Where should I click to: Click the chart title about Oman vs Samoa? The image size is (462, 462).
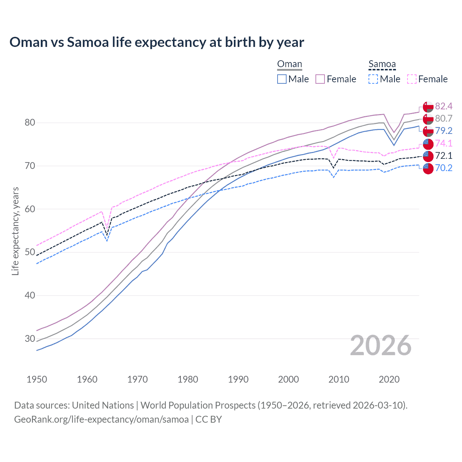click(157, 42)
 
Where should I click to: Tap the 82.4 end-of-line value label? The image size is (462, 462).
click(444, 106)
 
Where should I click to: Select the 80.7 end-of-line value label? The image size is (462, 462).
click(444, 118)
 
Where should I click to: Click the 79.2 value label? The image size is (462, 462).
click(444, 131)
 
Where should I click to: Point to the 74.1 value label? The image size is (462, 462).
click(444, 143)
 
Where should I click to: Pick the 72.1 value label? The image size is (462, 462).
click(444, 156)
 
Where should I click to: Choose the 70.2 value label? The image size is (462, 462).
click(444, 168)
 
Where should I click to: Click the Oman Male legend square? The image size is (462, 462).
click(282, 79)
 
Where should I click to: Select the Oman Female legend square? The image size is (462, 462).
click(320, 79)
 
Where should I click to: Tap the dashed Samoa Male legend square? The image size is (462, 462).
click(373, 79)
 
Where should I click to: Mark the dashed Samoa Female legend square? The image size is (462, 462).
click(411, 79)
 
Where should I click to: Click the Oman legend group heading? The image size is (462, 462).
click(289, 64)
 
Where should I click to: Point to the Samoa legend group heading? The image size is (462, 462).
click(382, 64)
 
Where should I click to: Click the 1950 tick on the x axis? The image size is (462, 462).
click(37, 379)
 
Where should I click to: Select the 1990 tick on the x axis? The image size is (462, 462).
click(238, 379)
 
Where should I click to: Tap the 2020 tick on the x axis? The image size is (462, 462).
click(389, 379)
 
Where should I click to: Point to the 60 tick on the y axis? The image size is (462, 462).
click(30, 209)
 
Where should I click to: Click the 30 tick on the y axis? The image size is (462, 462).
click(30, 339)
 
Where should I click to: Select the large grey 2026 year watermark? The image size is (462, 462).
click(380, 345)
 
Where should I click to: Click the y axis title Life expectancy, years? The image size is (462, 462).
click(15, 231)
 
